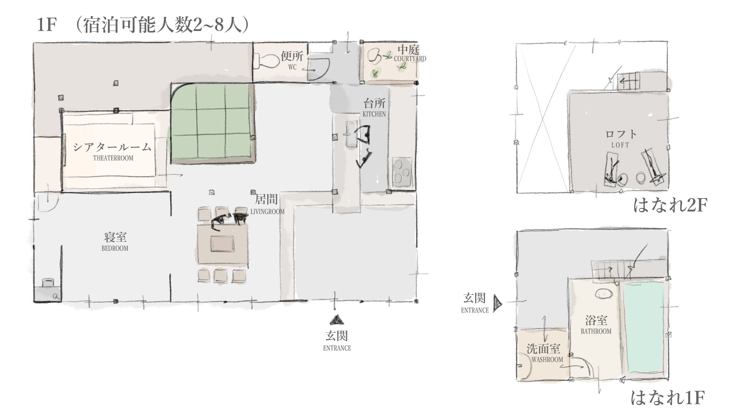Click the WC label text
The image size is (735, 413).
click(292, 67)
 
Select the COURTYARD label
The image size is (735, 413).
click(410, 59)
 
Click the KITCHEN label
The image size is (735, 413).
click(374, 114)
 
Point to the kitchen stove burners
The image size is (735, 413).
click(401, 172)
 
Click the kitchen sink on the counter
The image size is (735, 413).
click(351, 134)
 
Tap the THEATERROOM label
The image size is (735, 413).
click(113, 158)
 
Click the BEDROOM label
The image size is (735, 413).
click(115, 248)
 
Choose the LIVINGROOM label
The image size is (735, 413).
click(268, 211)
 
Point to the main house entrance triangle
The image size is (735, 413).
click(337, 320)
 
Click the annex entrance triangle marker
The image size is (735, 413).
click(497, 304)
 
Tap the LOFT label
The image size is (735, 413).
click(620, 145)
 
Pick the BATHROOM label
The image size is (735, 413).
click(596, 331)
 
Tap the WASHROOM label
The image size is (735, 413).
click(547, 359)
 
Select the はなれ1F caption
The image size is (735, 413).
click(668, 398)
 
